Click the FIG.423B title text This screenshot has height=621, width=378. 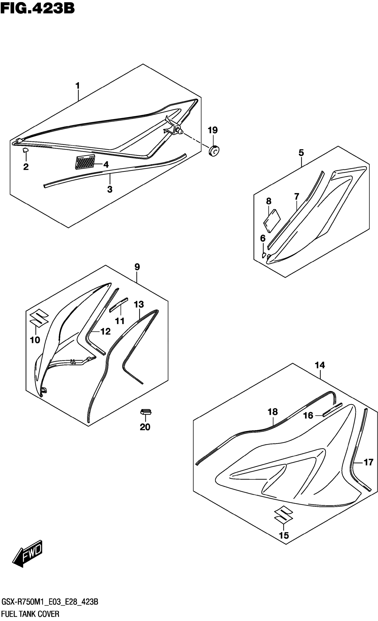tap(37, 8)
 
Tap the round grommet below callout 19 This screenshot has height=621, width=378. tap(214, 151)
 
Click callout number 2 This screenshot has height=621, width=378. tap(26, 167)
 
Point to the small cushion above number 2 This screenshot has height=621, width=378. tap(26, 150)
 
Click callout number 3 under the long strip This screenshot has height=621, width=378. tap(110, 189)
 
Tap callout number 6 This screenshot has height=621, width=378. tap(263, 238)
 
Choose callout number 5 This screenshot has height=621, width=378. tap(301, 153)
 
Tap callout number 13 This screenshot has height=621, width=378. tap(139, 304)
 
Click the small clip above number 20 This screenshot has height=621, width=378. tap(146, 412)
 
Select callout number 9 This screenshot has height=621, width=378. tap(137, 267)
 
